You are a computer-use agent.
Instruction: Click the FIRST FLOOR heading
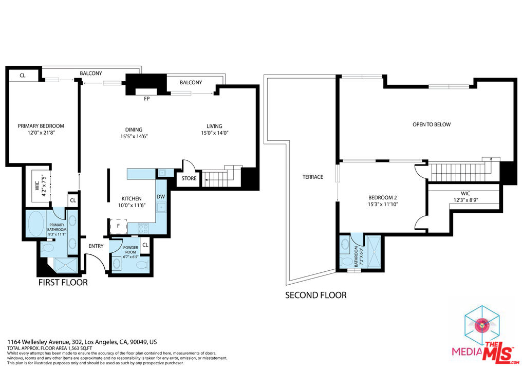tap(63, 282)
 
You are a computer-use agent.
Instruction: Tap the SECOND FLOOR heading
tap(315, 295)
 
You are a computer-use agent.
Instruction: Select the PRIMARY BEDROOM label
tap(41, 126)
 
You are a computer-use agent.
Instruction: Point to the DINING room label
tap(133, 129)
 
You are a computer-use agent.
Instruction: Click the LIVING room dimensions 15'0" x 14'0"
tap(214, 133)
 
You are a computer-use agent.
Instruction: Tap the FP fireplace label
tap(146, 98)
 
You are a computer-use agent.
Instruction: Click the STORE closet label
tap(189, 178)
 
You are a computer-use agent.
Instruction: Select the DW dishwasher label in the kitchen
tap(160, 197)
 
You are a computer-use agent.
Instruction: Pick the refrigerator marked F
tap(118, 226)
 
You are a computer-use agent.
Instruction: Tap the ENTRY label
tap(96, 246)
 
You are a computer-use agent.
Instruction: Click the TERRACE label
tap(312, 177)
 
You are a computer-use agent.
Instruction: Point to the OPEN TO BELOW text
tap(432, 124)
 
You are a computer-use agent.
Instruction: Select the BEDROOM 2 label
tap(382, 197)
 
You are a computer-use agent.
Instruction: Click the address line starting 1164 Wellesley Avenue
tap(82, 342)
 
